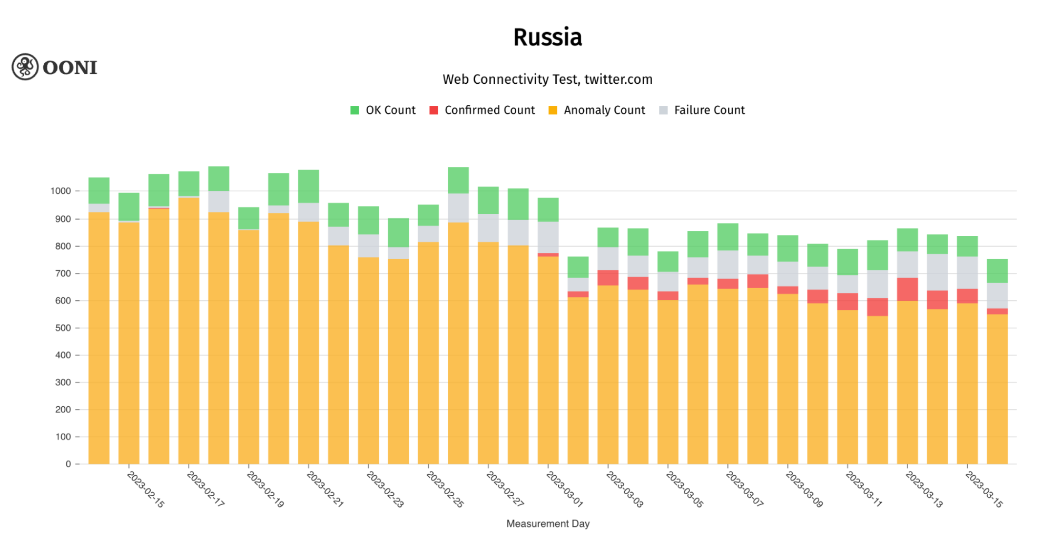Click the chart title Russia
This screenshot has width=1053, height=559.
(x=547, y=37)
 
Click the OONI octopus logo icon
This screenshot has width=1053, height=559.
(x=25, y=67)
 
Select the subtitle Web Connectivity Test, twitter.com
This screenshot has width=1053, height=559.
(x=547, y=80)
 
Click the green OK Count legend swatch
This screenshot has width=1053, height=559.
(x=355, y=110)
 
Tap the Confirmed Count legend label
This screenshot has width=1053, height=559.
(x=489, y=110)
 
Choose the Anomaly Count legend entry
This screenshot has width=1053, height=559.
(x=604, y=110)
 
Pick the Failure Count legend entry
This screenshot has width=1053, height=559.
(x=709, y=110)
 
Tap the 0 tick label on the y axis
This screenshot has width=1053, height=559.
(x=68, y=464)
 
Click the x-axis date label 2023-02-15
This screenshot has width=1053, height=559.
(x=146, y=489)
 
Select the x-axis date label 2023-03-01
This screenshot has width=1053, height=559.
(x=564, y=489)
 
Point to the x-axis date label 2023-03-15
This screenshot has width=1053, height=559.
(x=983, y=489)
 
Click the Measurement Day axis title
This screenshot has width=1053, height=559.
(x=547, y=524)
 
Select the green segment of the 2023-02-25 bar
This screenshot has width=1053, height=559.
(x=458, y=180)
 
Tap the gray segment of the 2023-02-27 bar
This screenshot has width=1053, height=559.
(x=488, y=228)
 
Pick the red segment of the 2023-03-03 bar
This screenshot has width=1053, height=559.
(x=608, y=278)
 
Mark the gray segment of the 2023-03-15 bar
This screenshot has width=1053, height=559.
(x=967, y=272)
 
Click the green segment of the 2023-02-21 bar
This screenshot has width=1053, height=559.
(x=309, y=186)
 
